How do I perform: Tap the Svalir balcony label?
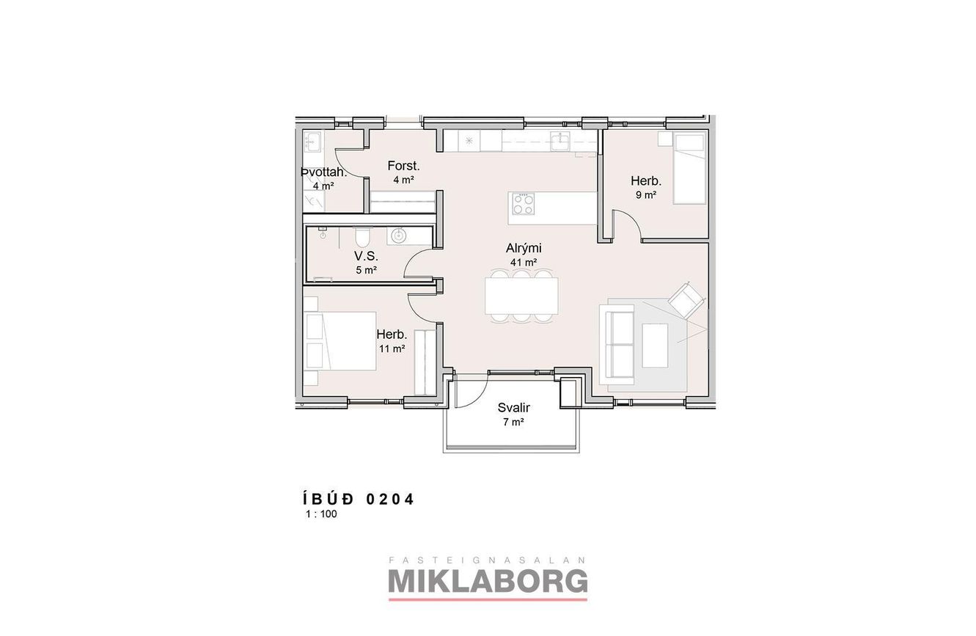514,408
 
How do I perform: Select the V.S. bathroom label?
366,256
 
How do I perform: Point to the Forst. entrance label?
403,166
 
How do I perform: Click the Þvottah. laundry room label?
323,172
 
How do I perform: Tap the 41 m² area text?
524,263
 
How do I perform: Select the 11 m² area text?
392,348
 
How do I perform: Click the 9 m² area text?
646,195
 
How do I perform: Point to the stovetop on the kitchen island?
524,204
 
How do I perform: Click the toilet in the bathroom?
362,237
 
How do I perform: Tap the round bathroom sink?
398,235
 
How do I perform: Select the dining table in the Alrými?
521,296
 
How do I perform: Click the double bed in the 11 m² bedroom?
340,341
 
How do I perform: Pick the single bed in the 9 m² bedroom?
689,168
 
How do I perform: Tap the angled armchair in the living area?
686,300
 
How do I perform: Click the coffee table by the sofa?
655,346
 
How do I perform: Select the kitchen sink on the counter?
559,142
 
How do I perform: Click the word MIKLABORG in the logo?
488,582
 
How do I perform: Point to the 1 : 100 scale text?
322,514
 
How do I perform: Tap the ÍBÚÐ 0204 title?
358,499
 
